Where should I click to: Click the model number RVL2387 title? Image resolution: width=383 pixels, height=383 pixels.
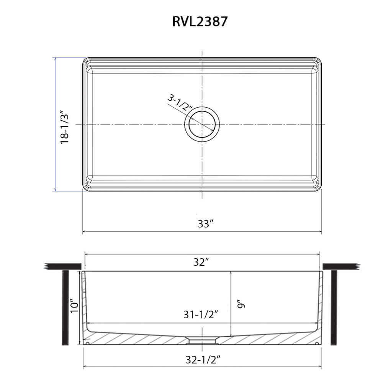[200, 21]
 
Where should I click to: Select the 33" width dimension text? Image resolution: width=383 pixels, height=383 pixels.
[206, 224]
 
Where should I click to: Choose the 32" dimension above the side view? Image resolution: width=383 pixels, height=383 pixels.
[201, 262]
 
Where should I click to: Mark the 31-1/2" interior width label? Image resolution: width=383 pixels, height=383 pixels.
[200, 314]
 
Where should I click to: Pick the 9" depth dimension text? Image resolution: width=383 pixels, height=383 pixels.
[241, 304]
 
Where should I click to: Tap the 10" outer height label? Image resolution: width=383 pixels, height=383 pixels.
[75, 305]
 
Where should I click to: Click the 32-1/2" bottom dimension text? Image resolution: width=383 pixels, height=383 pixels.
[203, 360]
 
